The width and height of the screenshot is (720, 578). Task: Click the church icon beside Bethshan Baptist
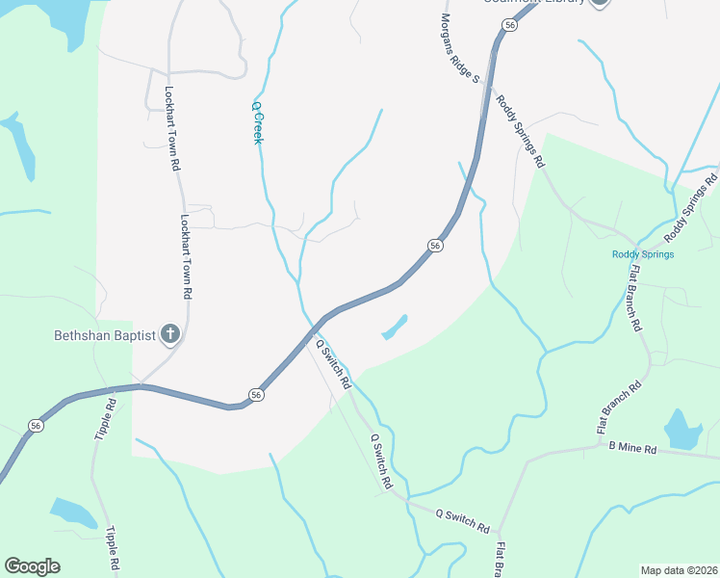click(x=169, y=334)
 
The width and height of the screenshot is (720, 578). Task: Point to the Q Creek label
click(x=257, y=123)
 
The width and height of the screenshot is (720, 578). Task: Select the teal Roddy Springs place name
click(x=642, y=254)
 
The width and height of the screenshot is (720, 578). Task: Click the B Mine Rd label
click(x=632, y=449)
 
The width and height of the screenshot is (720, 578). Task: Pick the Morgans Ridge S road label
click(x=459, y=45)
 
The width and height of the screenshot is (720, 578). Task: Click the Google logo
click(x=32, y=566)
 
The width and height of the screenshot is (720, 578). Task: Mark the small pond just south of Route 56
click(x=395, y=328)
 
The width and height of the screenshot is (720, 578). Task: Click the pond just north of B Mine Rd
click(x=682, y=431)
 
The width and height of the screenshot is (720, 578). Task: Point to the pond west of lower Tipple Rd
click(x=72, y=512)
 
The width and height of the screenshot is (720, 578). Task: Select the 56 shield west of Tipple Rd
click(x=36, y=426)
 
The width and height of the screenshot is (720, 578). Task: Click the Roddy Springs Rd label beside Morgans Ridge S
click(x=521, y=130)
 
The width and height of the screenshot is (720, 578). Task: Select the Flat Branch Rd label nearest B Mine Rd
click(x=619, y=406)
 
